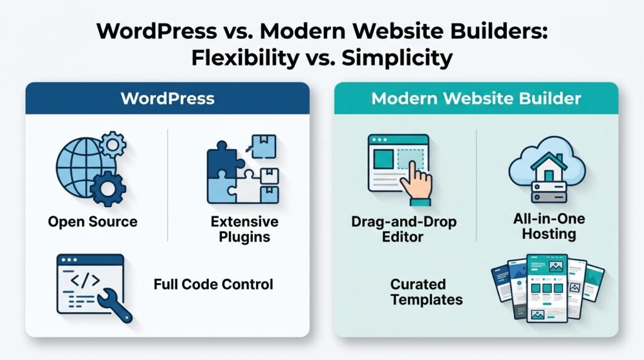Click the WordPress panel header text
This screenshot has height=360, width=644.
click(167, 99)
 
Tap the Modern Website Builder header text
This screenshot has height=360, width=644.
click(476, 99)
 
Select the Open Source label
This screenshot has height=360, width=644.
click(93, 222)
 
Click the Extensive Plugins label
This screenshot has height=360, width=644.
click(245, 229)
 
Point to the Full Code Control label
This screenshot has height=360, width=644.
click(213, 284)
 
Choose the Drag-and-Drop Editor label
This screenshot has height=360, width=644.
click(404, 229)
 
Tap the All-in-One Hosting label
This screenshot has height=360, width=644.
click(548, 227)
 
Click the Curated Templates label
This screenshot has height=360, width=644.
click(426, 292)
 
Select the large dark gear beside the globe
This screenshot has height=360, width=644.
click(108, 189)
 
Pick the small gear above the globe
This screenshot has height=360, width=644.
click(113, 144)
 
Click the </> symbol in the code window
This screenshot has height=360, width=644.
click(86, 280)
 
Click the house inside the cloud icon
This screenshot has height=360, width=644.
click(548, 167)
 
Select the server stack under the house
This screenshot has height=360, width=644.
click(548, 193)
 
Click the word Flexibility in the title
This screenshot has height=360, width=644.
click(245, 58)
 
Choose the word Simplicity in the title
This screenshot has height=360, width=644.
click(397, 58)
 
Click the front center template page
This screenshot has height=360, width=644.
click(547, 288)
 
